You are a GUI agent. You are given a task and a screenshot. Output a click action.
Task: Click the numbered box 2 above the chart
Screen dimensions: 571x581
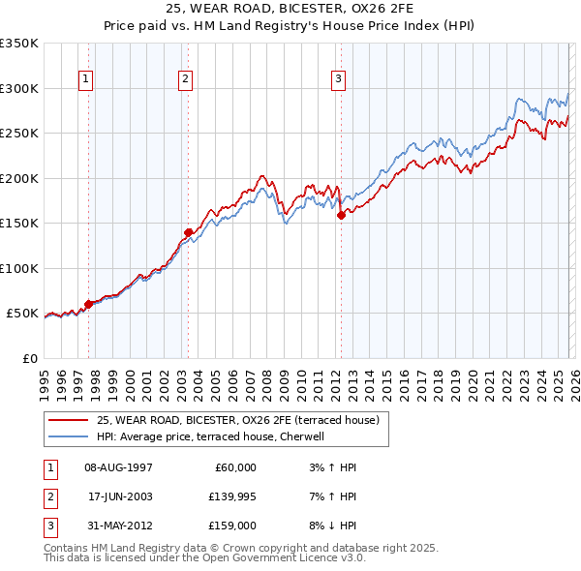point(186,79)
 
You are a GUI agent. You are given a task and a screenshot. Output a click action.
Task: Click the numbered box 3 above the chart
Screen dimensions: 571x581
point(339,79)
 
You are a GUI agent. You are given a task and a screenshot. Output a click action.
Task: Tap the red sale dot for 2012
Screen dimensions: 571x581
point(341,216)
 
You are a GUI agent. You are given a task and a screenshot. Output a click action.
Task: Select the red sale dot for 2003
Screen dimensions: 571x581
point(188,232)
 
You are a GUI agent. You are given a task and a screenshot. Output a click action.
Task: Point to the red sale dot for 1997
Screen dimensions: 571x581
point(88,304)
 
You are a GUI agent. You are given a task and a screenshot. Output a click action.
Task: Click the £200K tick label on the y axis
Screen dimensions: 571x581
point(19,178)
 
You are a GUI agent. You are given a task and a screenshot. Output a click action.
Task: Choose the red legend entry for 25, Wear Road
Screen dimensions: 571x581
point(242,420)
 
